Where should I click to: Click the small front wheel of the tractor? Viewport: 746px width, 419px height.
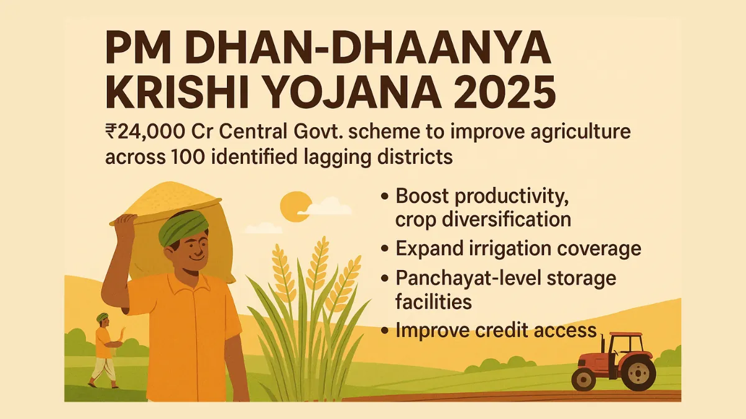(x=584, y=377)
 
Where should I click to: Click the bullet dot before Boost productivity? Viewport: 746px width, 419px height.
(x=385, y=197)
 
